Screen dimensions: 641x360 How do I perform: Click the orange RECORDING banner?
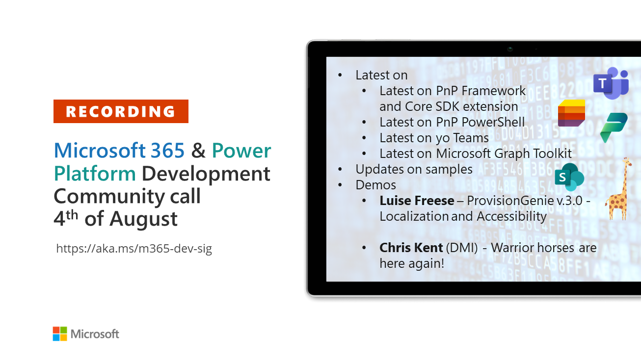121,111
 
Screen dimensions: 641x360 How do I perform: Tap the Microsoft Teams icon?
611,83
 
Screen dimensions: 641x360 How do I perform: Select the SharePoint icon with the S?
569,177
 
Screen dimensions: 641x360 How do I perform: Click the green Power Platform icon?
614,128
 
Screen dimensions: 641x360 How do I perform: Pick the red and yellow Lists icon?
571,113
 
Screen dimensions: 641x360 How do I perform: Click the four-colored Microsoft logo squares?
60,334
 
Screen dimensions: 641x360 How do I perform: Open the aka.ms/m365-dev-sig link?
134,248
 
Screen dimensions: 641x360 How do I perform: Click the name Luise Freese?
417,201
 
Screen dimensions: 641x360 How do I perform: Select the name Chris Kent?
411,248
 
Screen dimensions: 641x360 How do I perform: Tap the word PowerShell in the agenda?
493,122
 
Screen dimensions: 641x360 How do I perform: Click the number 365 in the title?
167,151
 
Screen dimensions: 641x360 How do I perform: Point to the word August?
143,219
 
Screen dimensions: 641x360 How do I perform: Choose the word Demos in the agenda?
376,185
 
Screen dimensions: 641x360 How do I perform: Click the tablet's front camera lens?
510,49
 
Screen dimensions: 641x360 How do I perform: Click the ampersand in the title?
198,151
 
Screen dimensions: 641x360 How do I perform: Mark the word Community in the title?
109,197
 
